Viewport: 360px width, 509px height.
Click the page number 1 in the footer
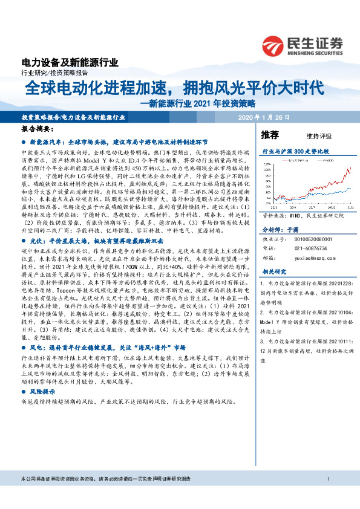tap(327, 496)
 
